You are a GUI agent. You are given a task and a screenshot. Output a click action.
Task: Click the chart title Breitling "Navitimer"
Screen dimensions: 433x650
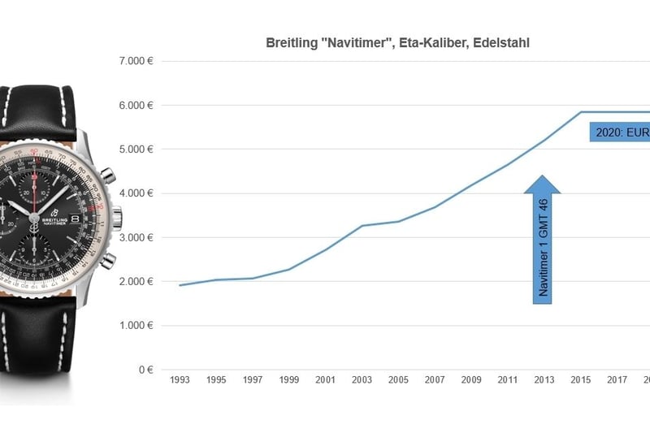(x=397, y=42)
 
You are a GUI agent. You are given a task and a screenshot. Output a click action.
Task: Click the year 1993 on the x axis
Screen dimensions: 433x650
(x=180, y=379)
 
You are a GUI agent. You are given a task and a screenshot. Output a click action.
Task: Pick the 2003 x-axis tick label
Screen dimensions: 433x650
(x=362, y=379)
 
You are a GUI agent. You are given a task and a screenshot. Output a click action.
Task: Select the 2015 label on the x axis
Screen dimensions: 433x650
(x=580, y=379)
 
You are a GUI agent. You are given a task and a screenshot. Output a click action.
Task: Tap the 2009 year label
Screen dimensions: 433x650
(x=471, y=379)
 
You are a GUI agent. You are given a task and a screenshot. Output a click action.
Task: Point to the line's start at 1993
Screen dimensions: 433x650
(x=180, y=285)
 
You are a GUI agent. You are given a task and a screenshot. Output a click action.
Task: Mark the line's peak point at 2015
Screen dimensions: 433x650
(x=580, y=112)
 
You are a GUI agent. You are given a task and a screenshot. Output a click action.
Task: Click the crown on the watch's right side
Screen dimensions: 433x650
(x=117, y=218)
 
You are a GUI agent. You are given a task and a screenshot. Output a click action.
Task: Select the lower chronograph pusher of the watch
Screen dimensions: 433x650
(x=107, y=261)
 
